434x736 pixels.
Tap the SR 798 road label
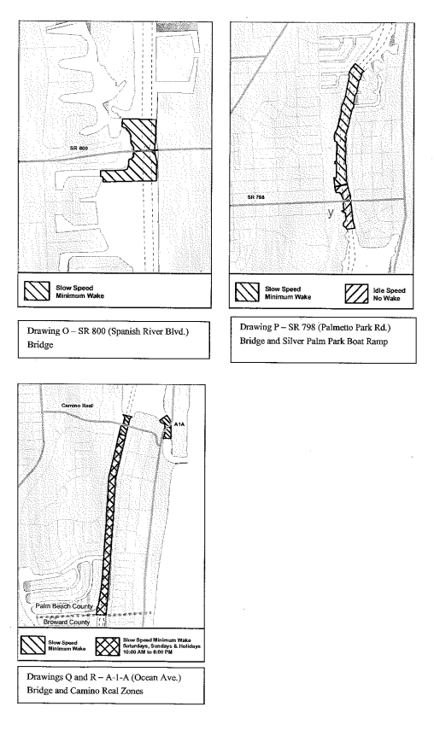pos(256,197)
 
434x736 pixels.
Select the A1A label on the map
pos(179,423)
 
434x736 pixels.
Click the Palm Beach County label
pos(64,606)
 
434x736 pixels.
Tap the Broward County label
pos(67,622)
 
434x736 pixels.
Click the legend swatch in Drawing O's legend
pos(37,291)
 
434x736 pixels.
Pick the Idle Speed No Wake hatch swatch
pos(356,294)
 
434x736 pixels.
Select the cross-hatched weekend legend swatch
pos(107,645)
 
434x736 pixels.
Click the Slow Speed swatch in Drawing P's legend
pos(247,292)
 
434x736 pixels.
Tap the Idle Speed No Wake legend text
pos(389,295)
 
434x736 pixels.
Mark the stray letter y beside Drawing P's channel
pos(331,212)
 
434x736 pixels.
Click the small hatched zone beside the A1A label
pos(166,428)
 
